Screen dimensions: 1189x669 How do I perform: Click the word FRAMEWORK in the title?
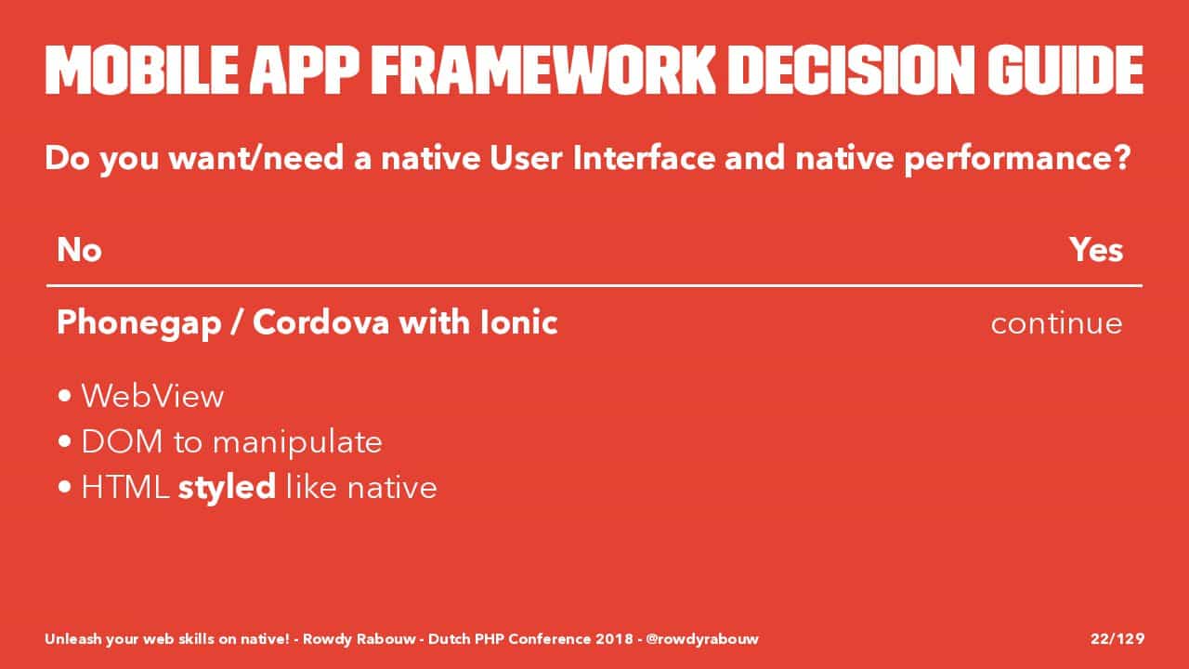pos(544,70)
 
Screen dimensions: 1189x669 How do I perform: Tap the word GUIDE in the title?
pos(1065,70)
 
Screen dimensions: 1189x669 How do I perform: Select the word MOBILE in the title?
pos(142,70)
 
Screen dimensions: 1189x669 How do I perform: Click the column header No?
pos(79,250)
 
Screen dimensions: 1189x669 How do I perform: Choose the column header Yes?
pos(1096,250)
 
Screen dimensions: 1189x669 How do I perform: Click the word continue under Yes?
pos(1057,323)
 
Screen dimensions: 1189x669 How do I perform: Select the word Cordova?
pos(320,322)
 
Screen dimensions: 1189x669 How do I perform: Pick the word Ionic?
pos(518,322)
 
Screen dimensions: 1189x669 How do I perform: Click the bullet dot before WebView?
pos(65,396)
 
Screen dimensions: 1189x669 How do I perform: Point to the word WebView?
pos(153,396)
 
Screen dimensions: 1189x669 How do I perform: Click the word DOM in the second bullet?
pos(122,441)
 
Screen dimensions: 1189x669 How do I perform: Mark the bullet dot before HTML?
pos(65,487)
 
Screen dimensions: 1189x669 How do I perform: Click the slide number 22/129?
pos(1117,638)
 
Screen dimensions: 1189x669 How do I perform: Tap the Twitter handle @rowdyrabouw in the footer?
pos(702,638)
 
